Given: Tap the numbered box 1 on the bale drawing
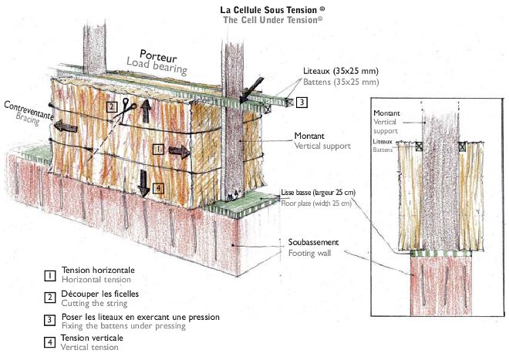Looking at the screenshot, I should (x=157, y=148).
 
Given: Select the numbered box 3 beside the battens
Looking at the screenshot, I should (x=302, y=102).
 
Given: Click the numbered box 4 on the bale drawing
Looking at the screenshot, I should (x=157, y=187).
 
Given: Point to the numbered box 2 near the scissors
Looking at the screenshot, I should (x=113, y=106).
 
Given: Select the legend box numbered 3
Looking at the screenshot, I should (x=49, y=319).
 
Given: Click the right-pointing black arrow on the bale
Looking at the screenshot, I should (x=178, y=151).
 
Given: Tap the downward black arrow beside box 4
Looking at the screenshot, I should (x=143, y=186).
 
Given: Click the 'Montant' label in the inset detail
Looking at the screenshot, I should (x=386, y=114).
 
